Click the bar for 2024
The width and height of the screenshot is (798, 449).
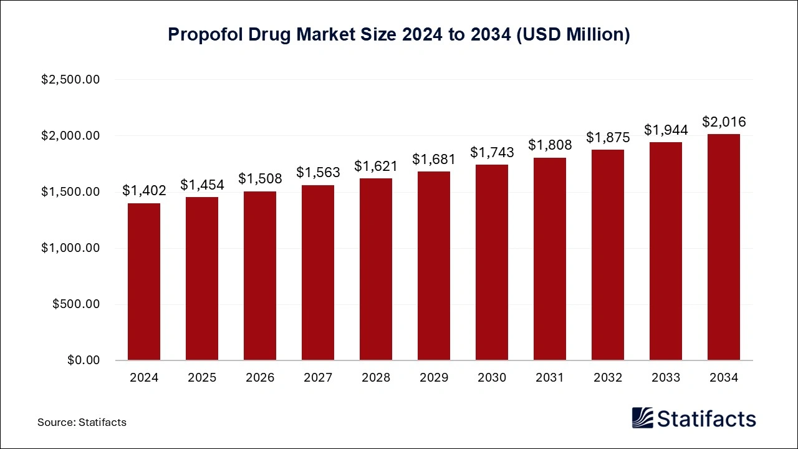point(143,282)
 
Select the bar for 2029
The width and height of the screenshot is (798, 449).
point(434,266)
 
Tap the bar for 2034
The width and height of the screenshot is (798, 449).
point(724,247)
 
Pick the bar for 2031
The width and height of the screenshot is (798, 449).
point(550,259)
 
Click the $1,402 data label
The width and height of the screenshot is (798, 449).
point(143,190)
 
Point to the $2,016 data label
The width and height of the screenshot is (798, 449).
point(724,122)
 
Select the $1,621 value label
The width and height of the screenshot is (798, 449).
point(376,166)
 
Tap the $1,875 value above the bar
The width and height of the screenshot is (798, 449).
point(608,137)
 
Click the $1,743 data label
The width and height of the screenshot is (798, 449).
point(492,152)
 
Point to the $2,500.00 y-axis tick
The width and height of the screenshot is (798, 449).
point(70,80)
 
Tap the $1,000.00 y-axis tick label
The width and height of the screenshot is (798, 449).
point(70,248)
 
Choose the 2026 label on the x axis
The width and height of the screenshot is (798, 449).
point(260,378)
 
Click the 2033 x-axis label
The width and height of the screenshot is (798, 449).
point(666,378)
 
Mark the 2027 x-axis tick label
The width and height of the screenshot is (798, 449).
point(318,378)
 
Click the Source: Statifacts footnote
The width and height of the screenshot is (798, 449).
point(82,422)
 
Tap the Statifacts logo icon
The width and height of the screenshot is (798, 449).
point(643,418)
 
